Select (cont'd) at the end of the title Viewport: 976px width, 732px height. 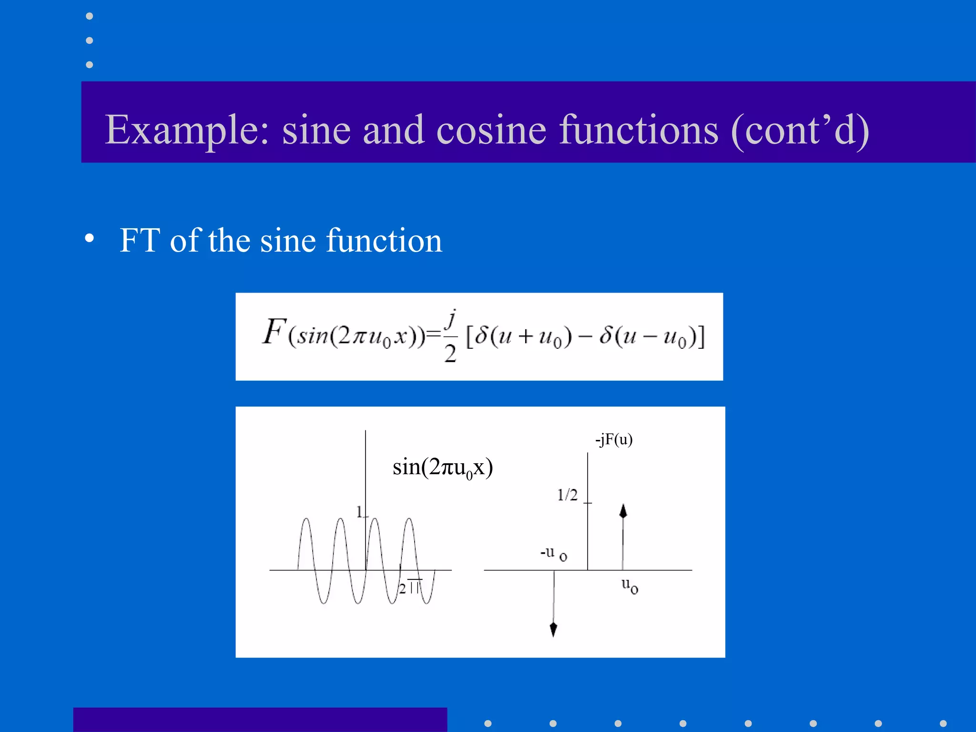coord(800,130)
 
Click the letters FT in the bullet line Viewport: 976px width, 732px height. coord(139,240)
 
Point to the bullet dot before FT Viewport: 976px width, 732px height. coord(89,238)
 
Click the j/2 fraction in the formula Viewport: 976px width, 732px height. coord(450,336)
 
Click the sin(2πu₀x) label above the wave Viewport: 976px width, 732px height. coord(442,467)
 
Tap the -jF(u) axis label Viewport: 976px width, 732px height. coord(614,439)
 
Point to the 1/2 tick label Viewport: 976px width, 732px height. coord(567,495)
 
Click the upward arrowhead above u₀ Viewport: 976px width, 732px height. coord(623,511)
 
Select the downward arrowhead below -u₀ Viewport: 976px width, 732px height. coord(553,630)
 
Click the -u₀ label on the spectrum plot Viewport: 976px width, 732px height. coord(553,554)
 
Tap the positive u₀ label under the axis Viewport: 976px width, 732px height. coord(630,586)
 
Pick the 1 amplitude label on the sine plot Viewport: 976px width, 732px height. coord(360,512)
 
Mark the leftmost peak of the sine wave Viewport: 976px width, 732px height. coord(306,519)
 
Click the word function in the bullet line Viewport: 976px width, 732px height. coord(384,240)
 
